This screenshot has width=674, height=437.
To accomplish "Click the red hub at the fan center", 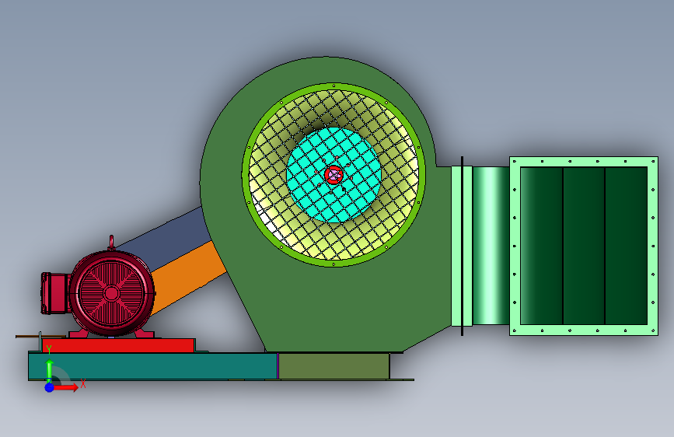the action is tap(334, 175).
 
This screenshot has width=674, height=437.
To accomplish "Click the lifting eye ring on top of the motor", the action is tap(111, 242).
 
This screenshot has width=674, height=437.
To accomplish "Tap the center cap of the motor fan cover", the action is tap(111, 293).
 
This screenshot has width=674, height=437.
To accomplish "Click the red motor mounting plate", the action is tap(118, 346).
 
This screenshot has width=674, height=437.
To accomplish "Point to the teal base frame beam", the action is tap(152, 366).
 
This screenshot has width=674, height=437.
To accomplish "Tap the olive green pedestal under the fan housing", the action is tap(334, 366).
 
